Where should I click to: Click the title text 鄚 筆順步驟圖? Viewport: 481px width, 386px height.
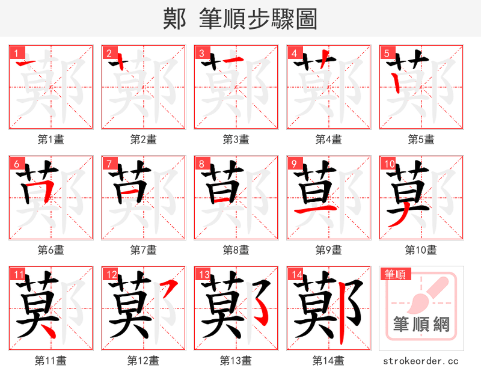click(x=240, y=19)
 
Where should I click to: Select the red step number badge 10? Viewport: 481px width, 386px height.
click(x=388, y=163)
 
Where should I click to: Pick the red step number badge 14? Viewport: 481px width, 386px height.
click(x=295, y=274)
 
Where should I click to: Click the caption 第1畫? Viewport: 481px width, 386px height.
click(x=51, y=139)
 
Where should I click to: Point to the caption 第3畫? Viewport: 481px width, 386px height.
click(x=236, y=139)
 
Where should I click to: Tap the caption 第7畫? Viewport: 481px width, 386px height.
click(x=143, y=250)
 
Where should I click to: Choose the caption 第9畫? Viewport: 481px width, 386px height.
click(x=328, y=250)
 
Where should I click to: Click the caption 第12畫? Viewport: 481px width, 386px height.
click(x=143, y=361)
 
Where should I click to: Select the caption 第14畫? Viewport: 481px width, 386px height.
click(x=328, y=361)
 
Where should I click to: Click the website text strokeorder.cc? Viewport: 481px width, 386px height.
click(x=421, y=361)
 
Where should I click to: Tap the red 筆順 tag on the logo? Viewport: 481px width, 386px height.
click(x=395, y=274)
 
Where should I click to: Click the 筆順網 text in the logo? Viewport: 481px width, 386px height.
click(x=421, y=325)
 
